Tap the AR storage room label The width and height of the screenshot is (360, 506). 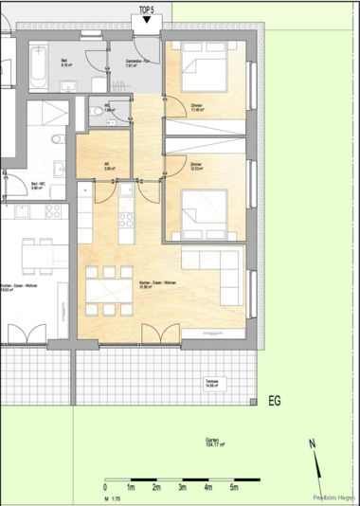(x=108, y=165)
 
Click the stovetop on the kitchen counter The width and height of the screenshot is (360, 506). (x=123, y=223)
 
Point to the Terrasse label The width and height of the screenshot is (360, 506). (x=212, y=384)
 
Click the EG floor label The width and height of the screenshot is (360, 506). (x=276, y=401)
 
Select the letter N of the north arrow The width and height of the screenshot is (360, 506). (x=313, y=443)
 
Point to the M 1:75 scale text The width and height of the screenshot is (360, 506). (x=109, y=498)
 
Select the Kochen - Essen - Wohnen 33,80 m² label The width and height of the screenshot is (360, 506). (x=153, y=285)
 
